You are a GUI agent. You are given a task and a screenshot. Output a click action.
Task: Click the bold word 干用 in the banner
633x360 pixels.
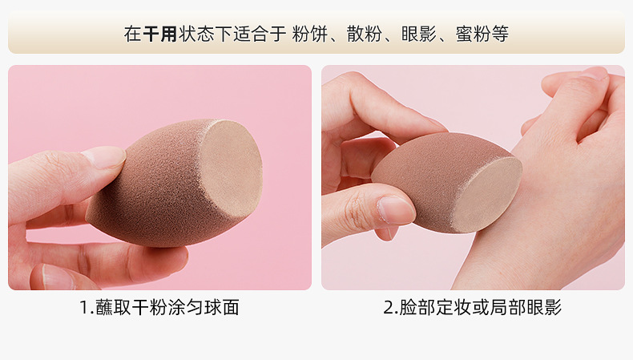[160, 34]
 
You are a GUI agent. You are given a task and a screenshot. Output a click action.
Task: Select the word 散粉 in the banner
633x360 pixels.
[364, 34]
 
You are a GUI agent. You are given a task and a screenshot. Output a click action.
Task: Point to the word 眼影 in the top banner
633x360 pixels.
[418, 34]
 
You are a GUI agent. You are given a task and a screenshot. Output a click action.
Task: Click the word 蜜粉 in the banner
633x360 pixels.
[473, 34]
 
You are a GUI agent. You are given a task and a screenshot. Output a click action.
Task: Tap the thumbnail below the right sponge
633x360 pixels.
[396, 210]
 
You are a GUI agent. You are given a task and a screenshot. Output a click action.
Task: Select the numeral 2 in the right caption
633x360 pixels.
[389, 307]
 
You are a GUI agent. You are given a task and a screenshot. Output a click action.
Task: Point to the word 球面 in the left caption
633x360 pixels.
[222, 307]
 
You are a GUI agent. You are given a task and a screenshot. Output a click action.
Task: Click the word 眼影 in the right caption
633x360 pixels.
[544, 307]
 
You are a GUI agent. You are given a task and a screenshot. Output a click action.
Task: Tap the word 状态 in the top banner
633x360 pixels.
[196, 34]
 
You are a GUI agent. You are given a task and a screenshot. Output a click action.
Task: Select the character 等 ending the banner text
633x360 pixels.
[500, 34]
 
